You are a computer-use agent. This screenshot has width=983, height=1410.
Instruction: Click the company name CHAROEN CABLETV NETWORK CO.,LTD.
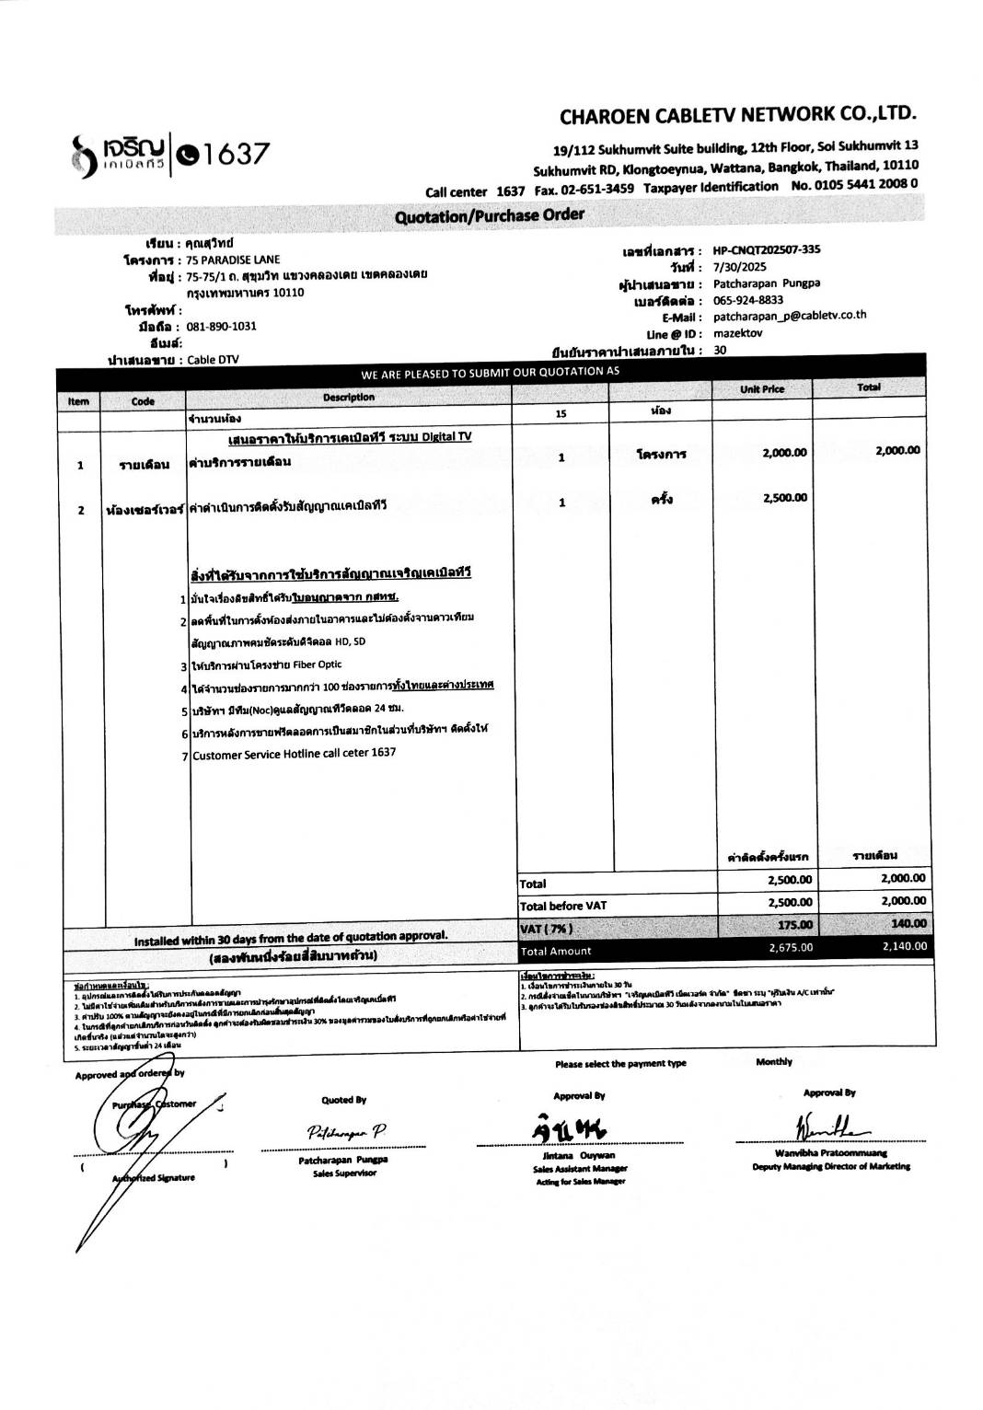coord(737,115)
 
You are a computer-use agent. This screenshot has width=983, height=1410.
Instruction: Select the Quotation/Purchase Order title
coord(490,216)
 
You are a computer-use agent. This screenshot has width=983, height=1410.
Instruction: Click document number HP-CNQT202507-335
coord(767,249)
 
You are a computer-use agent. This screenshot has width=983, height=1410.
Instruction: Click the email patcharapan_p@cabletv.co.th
coord(790,316)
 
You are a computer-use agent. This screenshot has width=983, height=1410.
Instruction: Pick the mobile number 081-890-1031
coord(221,327)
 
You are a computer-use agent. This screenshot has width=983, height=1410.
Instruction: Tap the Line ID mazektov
coord(738,333)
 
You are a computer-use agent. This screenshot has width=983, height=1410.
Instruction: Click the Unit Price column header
coord(762,389)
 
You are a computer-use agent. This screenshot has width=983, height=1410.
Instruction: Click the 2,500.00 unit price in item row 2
coord(784,498)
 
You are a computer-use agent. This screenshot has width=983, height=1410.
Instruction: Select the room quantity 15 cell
coord(561,414)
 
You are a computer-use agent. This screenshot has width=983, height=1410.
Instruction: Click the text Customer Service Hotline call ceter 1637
coord(295,753)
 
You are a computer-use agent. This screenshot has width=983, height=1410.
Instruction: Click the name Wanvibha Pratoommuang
coord(831,1152)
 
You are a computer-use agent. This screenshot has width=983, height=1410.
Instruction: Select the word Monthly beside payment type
coord(773,1062)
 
